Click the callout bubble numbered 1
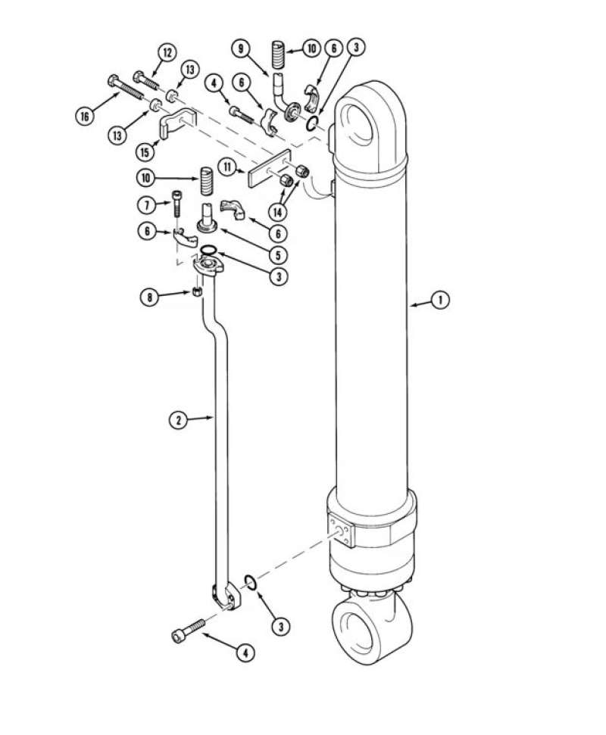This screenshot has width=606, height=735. (x=439, y=301)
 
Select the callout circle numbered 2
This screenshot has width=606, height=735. (x=177, y=419)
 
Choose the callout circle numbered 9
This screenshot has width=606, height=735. (x=242, y=49)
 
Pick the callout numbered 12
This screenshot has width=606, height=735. (x=167, y=52)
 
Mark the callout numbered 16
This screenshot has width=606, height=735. (x=86, y=115)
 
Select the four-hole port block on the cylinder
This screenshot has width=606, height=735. (x=341, y=529)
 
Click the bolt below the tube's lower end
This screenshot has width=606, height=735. (x=189, y=630)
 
